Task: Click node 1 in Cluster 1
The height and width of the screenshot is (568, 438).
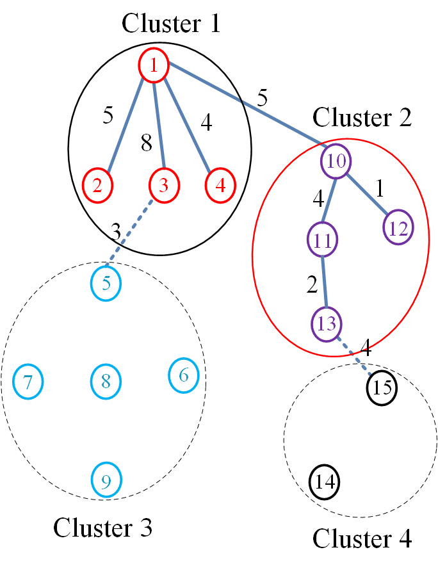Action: point(154,65)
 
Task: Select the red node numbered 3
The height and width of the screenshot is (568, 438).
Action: point(164,186)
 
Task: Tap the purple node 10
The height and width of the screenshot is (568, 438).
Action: point(336,161)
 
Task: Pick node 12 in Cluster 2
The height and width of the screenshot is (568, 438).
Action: point(398,227)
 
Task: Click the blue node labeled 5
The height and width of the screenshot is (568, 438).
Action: point(106,283)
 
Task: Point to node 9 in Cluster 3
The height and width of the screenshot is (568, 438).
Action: point(106,480)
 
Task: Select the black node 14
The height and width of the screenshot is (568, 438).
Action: point(324,482)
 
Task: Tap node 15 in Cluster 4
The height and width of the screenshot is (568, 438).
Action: point(382,388)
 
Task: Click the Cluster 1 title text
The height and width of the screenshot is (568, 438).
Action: point(171,23)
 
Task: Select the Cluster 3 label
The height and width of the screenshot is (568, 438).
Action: point(102,527)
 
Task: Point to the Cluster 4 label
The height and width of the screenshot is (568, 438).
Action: point(362,539)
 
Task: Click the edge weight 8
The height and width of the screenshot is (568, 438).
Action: point(147,143)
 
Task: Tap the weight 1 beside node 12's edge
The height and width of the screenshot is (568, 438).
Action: point(380,188)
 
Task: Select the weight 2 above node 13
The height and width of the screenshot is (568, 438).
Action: point(312,284)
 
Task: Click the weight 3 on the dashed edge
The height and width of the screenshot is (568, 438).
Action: point(115,232)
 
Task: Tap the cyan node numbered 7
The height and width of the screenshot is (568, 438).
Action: point(28,382)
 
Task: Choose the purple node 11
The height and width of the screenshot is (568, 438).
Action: point(323,239)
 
